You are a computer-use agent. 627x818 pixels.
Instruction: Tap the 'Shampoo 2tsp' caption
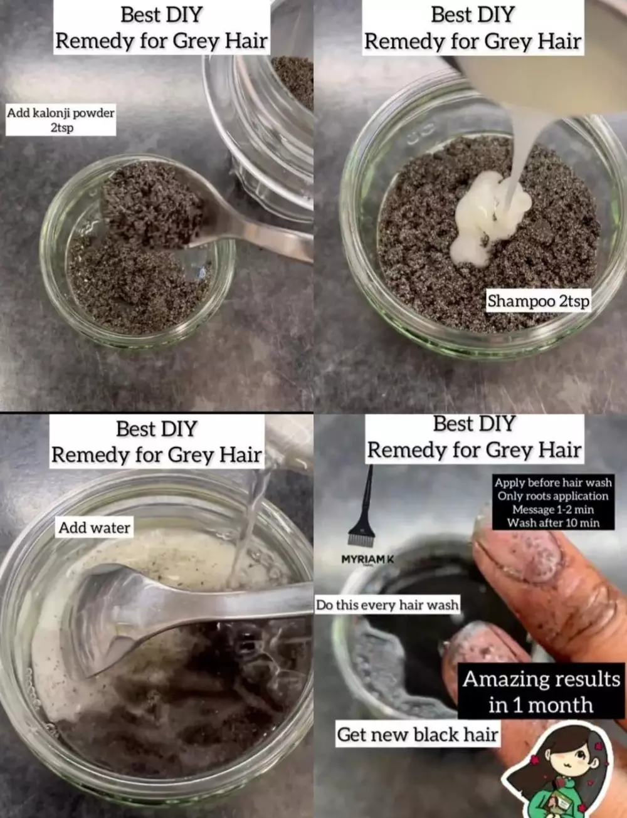tap(539, 301)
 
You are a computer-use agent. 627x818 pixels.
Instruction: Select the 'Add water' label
tap(94, 528)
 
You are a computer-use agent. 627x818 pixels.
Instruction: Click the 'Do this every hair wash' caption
tap(387, 605)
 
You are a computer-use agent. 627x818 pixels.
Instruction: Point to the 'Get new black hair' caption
tap(417, 734)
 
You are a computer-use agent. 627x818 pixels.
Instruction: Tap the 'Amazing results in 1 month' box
tap(541, 692)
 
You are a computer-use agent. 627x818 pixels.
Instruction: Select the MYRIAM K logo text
tap(367, 559)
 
